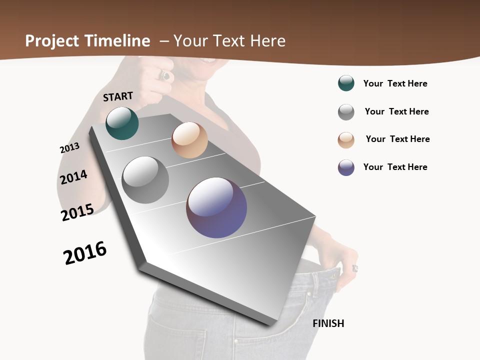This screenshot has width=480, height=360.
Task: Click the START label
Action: click(118, 96)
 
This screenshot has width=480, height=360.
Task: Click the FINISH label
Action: click(328, 323)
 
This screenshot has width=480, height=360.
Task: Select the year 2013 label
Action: click(69, 148)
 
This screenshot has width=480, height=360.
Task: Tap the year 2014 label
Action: click(73, 177)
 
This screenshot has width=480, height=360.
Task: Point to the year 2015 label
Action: click(77, 212)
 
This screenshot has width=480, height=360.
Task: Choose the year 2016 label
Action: click(85, 253)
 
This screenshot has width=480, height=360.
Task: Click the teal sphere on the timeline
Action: click(122, 123)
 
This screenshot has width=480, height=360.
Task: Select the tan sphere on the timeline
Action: click(189, 140)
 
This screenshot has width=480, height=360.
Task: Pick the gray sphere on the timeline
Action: click(145, 180)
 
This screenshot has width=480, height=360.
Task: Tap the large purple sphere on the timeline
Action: click(216, 207)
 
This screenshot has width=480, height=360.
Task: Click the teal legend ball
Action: click(346, 83)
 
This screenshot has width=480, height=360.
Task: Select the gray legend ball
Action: click(346, 112)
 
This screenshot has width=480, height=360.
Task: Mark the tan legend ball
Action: click(346, 139)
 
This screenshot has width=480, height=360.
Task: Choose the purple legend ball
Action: click(346, 167)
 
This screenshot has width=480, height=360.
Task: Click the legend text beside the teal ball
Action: click(395, 84)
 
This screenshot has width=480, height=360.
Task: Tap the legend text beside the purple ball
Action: click(395, 167)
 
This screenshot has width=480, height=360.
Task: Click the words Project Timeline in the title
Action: click(87, 41)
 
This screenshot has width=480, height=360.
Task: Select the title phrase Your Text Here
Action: click(229, 41)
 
